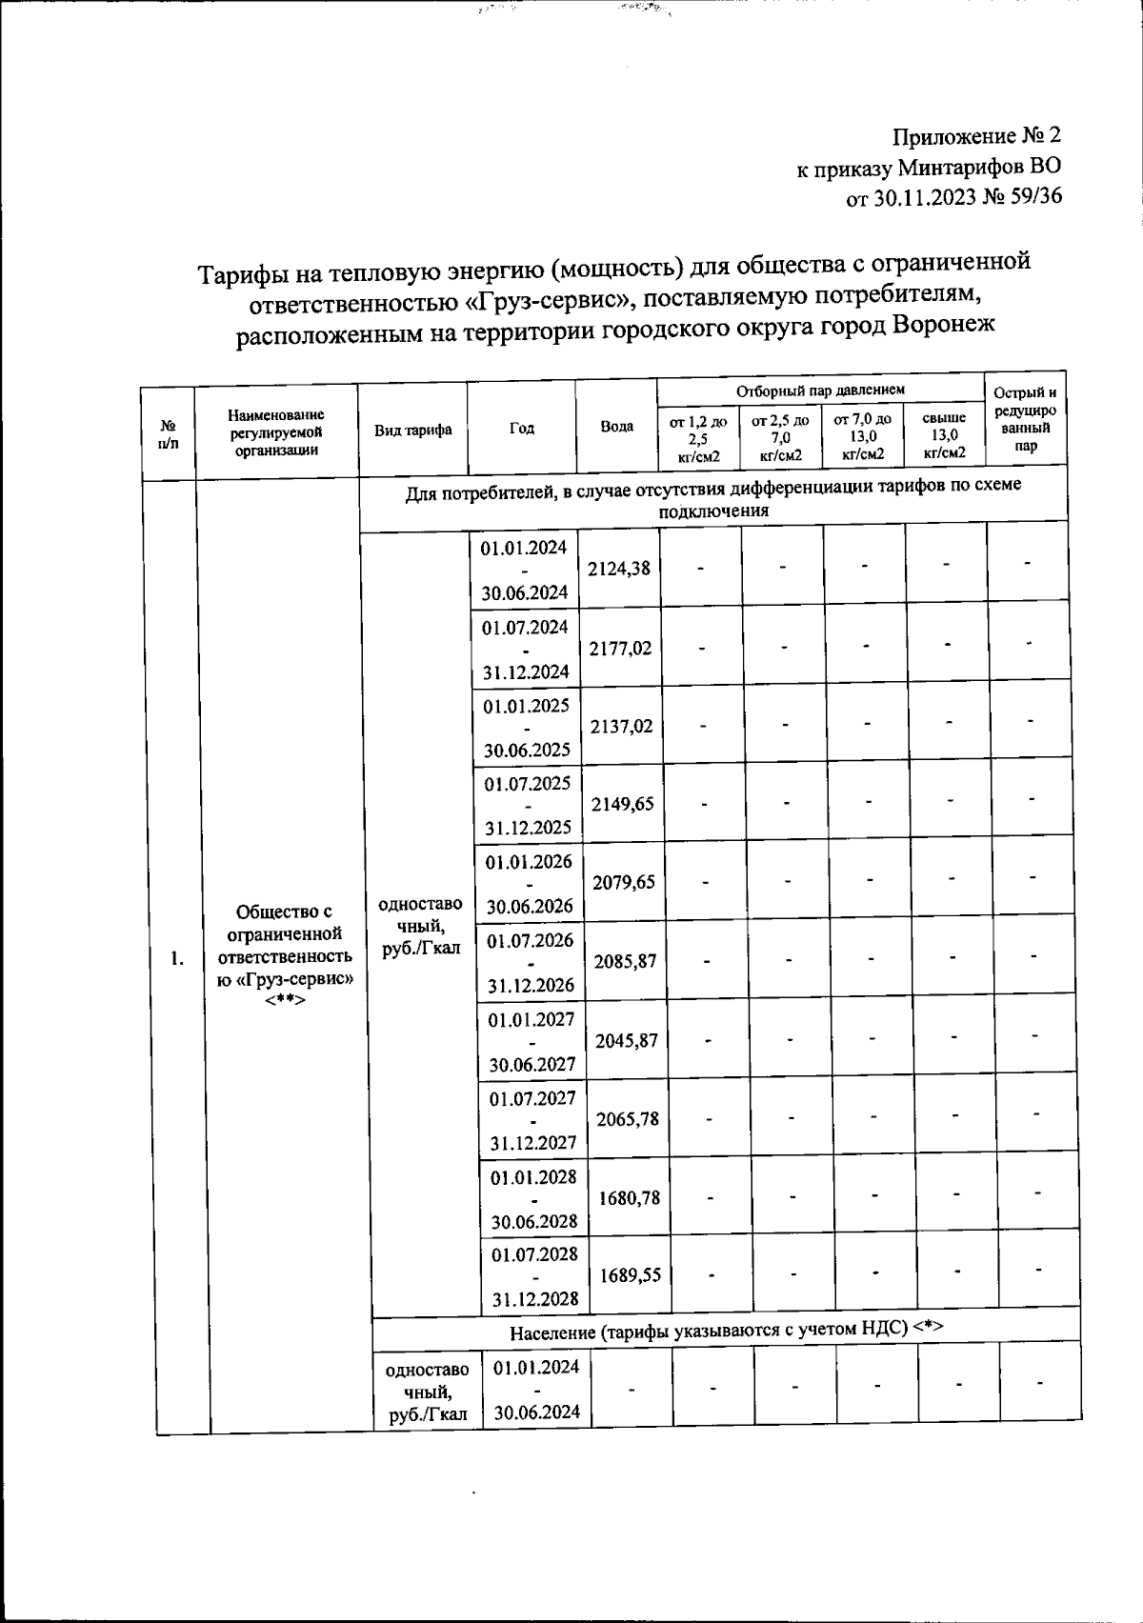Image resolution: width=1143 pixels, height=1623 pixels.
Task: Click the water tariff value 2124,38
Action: [x=619, y=569]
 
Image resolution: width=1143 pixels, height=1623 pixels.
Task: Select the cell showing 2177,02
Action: [x=620, y=649]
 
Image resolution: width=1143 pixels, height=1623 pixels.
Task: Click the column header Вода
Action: [x=617, y=427]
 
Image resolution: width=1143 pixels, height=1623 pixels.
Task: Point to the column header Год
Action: [x=521, y=429]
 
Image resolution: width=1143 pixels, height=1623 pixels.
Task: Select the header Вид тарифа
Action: [x=412, y=431]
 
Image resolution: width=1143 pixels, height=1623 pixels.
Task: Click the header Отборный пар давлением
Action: [x=820, y=390]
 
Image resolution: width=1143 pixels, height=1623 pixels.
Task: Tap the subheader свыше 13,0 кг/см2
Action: [x=944, y=436]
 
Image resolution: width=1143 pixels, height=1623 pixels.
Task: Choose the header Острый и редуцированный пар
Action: [x=1025, y=419]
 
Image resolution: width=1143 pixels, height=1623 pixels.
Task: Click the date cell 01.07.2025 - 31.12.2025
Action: [x=527, y=805]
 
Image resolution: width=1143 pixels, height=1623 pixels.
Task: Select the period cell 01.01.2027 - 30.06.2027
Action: [x=531, y=1041]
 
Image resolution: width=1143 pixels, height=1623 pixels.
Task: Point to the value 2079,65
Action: [x=624, y=882]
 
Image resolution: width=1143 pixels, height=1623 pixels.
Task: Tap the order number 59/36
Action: [x=1031, y=197]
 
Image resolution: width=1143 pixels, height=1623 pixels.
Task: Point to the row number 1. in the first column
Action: [x=177, y=958]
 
